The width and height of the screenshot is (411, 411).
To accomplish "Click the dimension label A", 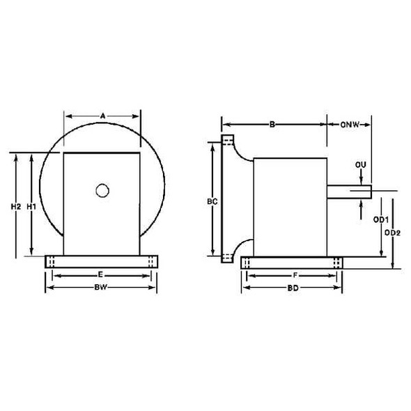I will [102, 116].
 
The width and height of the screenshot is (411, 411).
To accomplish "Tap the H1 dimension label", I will [31, 207].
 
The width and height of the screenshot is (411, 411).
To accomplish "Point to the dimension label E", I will [101, 275].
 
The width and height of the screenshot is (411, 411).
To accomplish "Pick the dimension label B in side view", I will [273, 125].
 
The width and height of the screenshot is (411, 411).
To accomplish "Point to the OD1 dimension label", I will [380, 218].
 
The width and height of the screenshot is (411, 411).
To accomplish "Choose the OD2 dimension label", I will [394, 233].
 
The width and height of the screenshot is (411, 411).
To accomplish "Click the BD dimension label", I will [292, 286].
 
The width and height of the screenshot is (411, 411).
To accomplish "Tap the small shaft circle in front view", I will [102, 189].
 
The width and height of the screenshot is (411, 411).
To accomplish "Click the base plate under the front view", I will [102, 261].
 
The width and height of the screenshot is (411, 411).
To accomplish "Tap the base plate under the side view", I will [292, 262].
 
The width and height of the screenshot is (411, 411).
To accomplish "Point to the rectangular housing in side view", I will [290, 206].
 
